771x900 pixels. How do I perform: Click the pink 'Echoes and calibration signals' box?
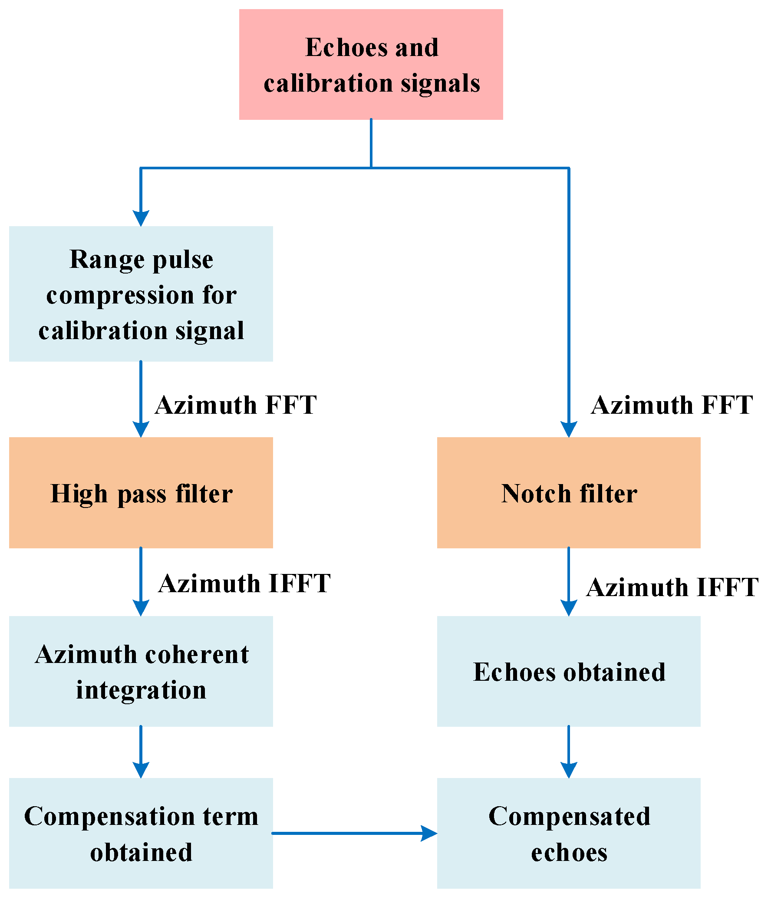click(371, 64)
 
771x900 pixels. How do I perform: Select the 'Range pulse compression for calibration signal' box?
click(141, 293)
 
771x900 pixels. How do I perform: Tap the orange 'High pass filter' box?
click(141, 493)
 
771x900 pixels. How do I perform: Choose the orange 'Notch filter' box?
click(569, 493)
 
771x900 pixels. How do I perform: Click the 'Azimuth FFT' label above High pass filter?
click(236, 405)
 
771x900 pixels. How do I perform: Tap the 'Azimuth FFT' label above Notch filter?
click(672, 405)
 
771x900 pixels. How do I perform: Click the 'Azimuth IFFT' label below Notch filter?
click(672, 587)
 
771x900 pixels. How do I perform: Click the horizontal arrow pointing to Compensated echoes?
click(354, 833)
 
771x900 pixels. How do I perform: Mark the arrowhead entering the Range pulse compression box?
click(141, 218)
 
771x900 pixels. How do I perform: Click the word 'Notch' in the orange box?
click(536, 494)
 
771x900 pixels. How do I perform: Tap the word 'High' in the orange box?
click(79, 494)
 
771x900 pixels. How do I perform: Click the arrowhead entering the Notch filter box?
click(569, 429)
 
